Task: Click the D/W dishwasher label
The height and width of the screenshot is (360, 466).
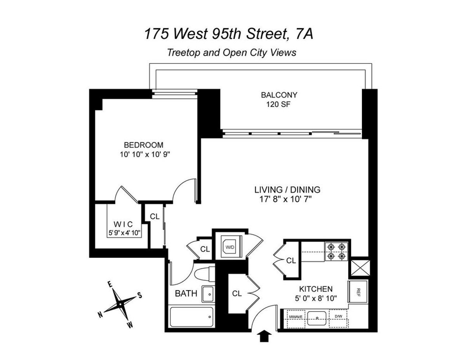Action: [338, 317]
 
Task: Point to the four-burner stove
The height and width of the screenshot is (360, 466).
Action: [336, 251]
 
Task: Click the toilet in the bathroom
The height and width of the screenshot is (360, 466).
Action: [203, 275]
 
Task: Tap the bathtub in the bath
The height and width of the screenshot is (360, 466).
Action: [192, 318]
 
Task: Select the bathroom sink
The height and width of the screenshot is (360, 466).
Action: [208, 294]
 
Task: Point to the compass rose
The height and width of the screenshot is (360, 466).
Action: [121, 303]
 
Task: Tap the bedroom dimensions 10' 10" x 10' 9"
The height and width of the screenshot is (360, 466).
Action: [146, 154]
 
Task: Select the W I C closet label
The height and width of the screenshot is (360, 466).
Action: [124, 224]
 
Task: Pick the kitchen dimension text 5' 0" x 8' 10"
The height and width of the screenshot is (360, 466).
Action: [315, 298]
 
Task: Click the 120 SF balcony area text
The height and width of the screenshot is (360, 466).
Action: [279, 104]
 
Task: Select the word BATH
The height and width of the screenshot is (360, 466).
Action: [186, 293]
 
